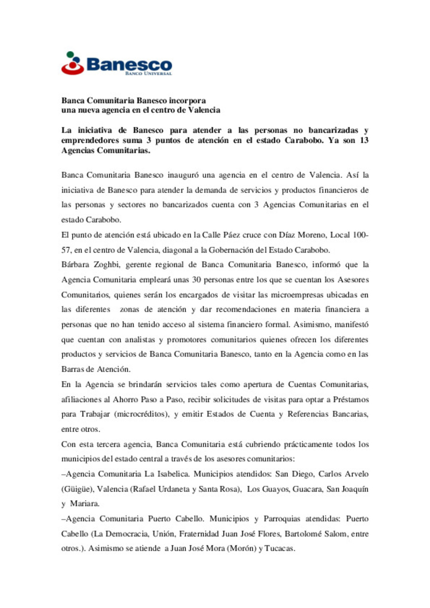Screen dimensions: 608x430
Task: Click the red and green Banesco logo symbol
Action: (72, 64)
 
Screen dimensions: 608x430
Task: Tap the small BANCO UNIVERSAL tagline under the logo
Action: (149, 74)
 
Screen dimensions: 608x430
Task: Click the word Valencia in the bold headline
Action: (204, 110)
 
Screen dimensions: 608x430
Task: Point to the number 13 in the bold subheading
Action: (364, 140)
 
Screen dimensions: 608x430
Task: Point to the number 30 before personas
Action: (196, 280)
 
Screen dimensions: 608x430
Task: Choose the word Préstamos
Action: (351, 399)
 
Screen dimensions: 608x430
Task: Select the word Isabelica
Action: (172, 474)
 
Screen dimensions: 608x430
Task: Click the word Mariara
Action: (84, 504)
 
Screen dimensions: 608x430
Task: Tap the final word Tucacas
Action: (279, 549)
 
